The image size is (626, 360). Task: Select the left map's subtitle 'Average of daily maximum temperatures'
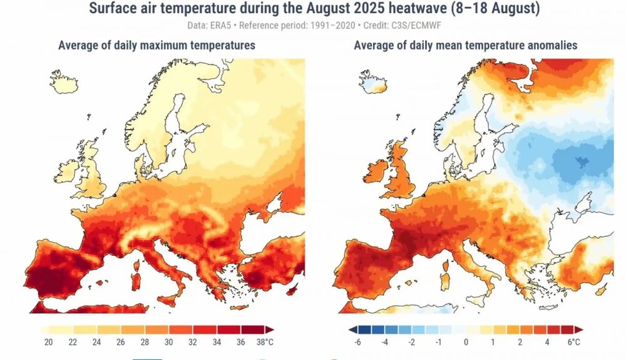point(156,46)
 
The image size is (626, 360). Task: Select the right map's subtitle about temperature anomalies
point(465,46)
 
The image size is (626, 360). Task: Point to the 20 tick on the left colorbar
point(48,342)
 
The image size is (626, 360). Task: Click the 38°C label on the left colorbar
point(264,342)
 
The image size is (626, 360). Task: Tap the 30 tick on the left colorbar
point(168,342)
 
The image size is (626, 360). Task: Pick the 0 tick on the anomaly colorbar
point(465,342)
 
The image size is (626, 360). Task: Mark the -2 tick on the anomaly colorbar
point(411,342)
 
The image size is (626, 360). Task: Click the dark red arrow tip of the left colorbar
point(269,329)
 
